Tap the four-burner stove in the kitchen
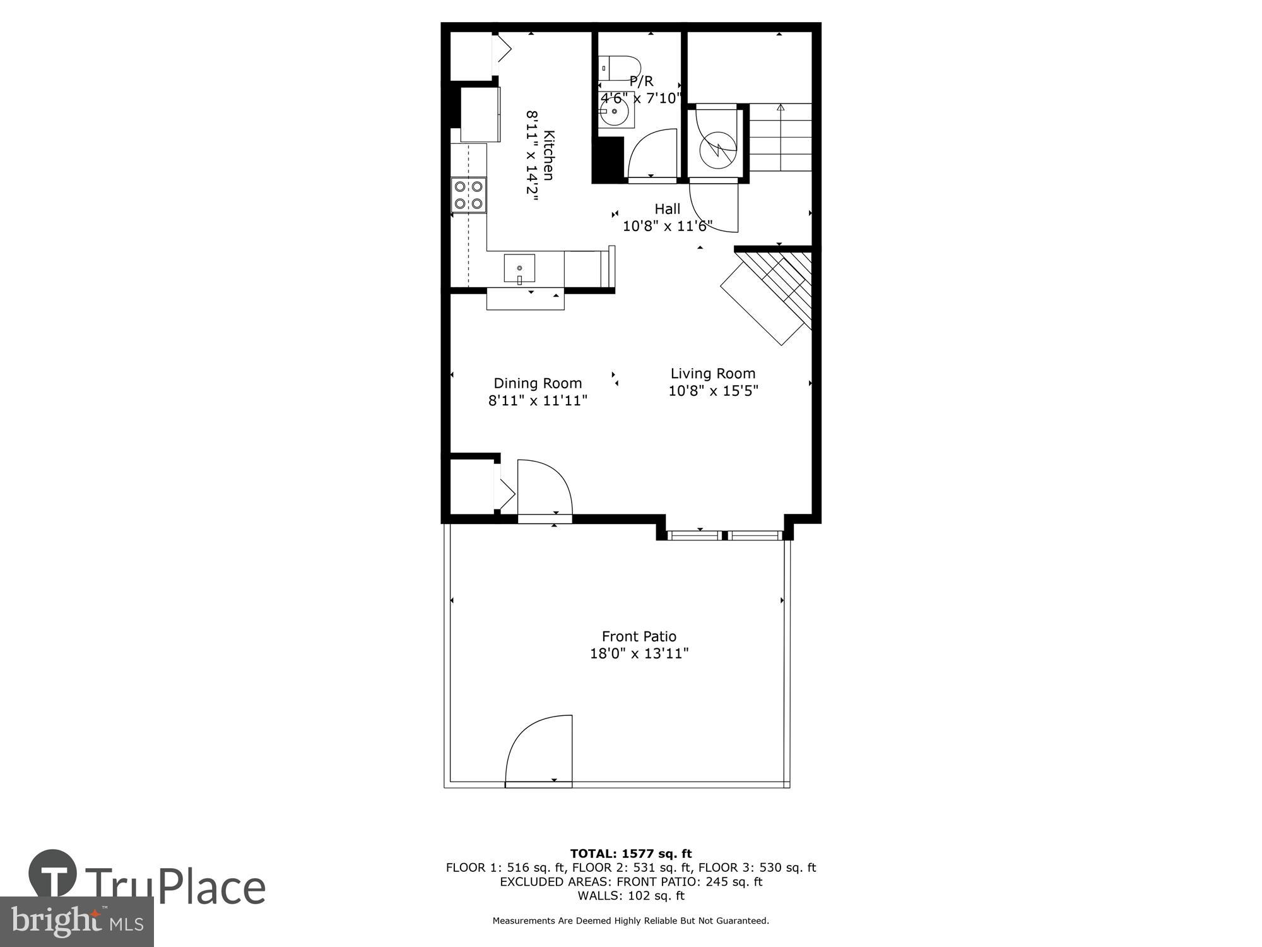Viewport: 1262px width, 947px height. [x=469, y=195]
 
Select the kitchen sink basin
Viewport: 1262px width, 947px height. [x=519, y=269]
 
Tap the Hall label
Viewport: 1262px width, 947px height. [x=667, y=209]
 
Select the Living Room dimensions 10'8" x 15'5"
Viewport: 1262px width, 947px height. [x=713, y=391]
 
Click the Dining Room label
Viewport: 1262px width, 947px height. [x=538, y=383]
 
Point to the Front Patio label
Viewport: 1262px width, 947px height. [x=639, y=636]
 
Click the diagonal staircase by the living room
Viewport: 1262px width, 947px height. [x=770, y=294]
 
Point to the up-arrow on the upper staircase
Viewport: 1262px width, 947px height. [x=780, y=108]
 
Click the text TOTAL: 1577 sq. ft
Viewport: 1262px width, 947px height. [x=631, y=854]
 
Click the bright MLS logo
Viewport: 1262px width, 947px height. [x=76, y=922]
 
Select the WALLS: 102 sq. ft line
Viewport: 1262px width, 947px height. [x=631, y=895]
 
